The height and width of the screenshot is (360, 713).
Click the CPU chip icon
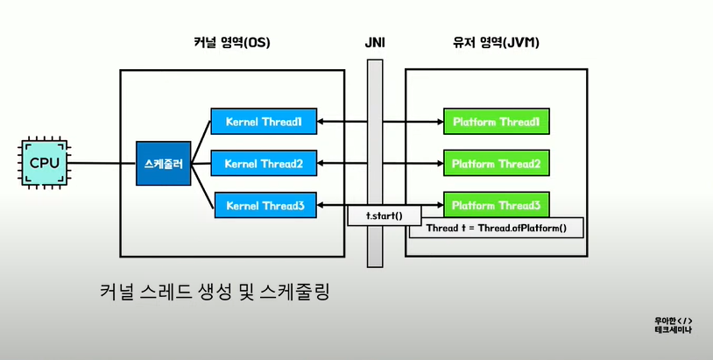tap(44, 163)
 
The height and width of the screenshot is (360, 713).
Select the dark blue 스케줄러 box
tap(163, 163)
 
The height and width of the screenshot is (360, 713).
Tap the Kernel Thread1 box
tap(264, 122)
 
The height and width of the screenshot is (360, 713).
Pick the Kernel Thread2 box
tap(264, 163)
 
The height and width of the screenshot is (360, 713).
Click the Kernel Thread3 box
tap(265, 206)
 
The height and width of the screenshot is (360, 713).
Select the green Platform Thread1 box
tap(497, 122)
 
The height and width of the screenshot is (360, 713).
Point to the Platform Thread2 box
tap(497, 163)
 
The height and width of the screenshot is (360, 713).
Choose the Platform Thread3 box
tap(497, 205)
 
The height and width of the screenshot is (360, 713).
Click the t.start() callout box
tap(385, 215)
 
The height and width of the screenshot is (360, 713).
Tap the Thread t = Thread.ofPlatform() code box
tap(496, 228)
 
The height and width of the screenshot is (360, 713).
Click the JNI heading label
tap(375, 43)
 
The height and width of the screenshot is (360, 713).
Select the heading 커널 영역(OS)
tap(232, 43)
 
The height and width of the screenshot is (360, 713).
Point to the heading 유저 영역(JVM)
tap(496, 43)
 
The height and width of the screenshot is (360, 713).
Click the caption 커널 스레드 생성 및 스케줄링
tap(215, 292)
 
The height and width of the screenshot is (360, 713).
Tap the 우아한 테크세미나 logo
tap(674, 326)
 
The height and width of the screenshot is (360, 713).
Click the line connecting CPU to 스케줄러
tap(103, 163)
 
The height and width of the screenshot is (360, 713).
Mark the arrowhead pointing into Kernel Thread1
tap(320, 122)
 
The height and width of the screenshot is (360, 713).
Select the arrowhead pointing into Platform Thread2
tap(441, 163)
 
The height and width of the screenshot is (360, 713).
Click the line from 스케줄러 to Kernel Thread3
tap(202, 186)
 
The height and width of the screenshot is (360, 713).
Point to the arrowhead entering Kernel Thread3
tap(320, 206)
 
